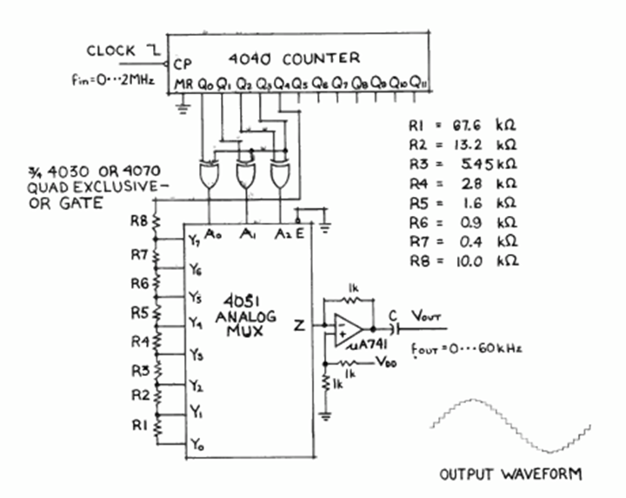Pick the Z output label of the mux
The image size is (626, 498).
(299, 327)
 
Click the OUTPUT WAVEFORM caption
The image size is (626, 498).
(510, 474)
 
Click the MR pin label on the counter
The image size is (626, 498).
(183, 84)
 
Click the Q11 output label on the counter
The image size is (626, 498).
(418, 84)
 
